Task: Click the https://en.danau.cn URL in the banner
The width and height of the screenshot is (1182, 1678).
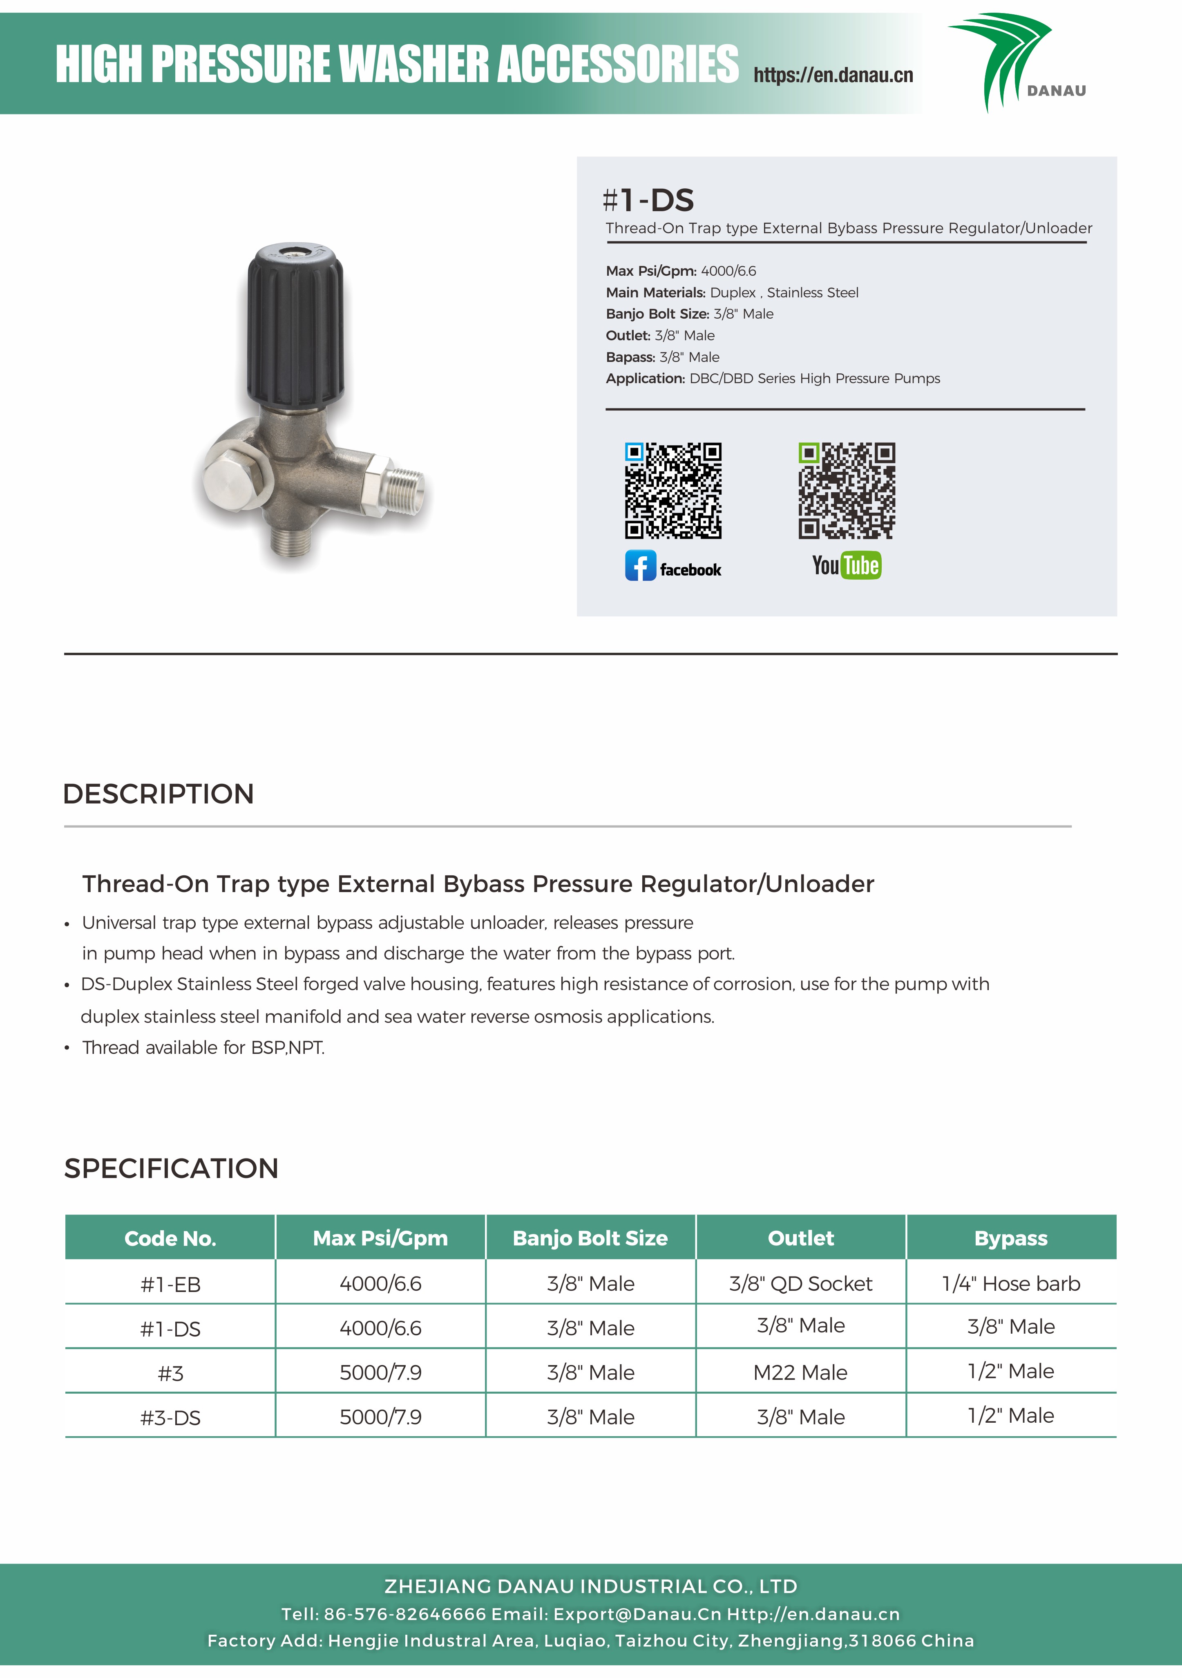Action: (x=833, y=75)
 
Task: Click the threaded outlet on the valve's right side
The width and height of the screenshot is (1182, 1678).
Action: (x=404, y=487)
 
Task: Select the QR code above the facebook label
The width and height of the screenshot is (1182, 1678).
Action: (x=673, y=491)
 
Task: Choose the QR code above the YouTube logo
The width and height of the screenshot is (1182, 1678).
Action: (x=847, y=491)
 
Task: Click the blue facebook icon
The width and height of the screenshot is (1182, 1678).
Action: (x=640, y=566)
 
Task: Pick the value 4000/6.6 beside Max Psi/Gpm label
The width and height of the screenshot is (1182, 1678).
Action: (x=728, y=271)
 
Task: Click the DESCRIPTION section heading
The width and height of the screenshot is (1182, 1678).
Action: (x=159, y=794)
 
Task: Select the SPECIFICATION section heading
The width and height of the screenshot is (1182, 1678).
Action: (x=171, y=1168)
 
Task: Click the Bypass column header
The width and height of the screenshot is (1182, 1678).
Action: (x=1010, y=1238)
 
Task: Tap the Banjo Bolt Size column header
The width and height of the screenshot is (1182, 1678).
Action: (x=590, y=1238)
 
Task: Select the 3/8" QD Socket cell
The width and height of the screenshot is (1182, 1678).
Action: (x=800, y=1283)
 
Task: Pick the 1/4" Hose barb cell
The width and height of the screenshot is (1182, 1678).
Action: (x=1010, y=1283)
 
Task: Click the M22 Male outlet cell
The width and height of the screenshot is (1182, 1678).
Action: (x=800, y=1372)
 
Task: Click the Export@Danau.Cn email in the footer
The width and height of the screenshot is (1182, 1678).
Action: (x=637, y=1614)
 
